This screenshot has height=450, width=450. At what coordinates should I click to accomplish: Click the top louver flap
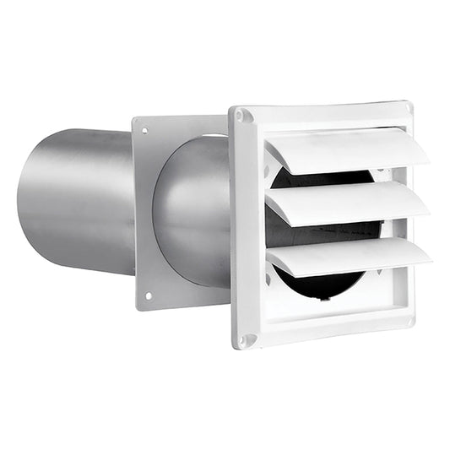tap(346, 150)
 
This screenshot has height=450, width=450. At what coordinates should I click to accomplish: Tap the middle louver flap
tap(346, 203)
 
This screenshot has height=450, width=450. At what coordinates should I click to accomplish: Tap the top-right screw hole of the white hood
tap(409, 109)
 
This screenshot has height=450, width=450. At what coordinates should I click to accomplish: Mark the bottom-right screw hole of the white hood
tap(410, 321)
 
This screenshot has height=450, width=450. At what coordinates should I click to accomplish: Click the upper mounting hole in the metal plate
tap(144, 131)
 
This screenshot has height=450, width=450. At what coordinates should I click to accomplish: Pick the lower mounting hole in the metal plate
tap(148, 295)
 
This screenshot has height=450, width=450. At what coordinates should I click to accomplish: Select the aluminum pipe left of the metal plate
tap(80, 203)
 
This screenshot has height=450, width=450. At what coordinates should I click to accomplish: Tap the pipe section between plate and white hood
tap(190, 211)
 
